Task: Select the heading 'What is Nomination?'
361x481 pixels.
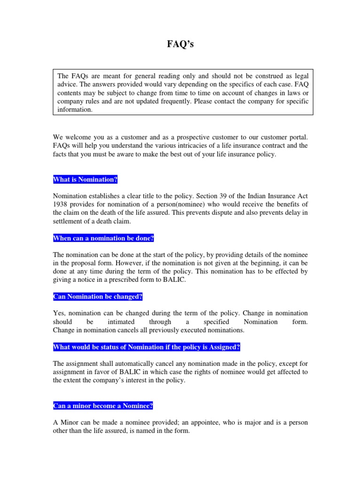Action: [x=85, y=179]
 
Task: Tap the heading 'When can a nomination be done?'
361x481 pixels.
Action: [x=103, y=238]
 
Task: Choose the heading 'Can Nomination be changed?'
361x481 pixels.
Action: [x=98, y=297]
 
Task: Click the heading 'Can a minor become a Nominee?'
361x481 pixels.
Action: [x=103, y=405]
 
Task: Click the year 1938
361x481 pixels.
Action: [x=61, y=204]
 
